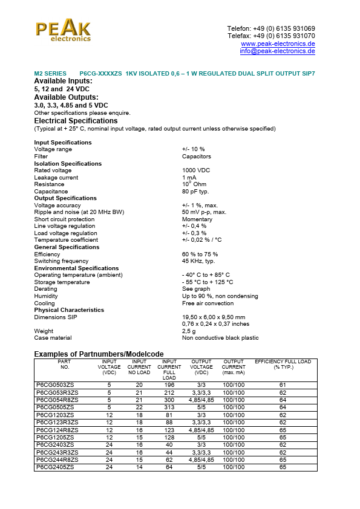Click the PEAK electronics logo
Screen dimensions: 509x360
[x=63, y=30]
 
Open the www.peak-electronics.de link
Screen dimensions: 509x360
[x=278, y=44]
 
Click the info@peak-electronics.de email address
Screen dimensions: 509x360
[x=277, y=51]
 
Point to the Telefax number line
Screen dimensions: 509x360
[x=271, y=36]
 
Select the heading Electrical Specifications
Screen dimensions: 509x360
[x=76, y=121]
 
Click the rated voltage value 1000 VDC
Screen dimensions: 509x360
[x=196, y=170]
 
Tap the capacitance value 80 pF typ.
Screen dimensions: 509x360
[x=195, y=192]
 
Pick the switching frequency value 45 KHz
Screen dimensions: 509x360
[x=198, y=261]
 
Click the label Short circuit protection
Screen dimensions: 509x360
[x=64, y=219]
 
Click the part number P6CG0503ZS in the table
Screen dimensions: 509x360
[x=55, y=385]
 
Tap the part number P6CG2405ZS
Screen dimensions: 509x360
[x=55, y=467]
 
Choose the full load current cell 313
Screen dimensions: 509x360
[x=169, y=407]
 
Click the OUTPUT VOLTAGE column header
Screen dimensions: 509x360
[x=201, y=367]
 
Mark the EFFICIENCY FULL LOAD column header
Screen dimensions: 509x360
[x=283, y=365]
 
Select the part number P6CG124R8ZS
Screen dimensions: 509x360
[x=57, y=430]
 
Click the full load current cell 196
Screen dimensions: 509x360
[x=169, y=385]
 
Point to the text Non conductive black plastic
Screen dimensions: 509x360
[x=220, y=338]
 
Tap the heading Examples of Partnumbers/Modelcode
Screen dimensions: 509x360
[x=99, y=354]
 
